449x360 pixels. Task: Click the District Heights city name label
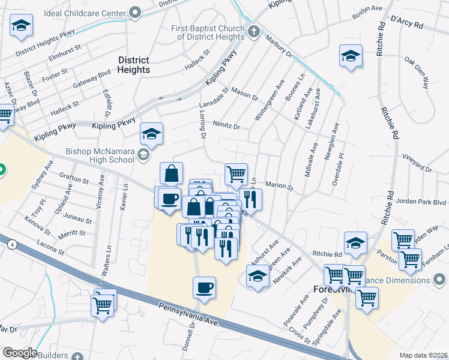point(134,65)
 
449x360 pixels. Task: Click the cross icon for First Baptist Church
point(253,31)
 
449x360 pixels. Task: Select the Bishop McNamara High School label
point(100,156)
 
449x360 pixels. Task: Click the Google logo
point(19,353)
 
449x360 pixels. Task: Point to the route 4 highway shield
point(11,244)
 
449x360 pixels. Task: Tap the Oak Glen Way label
point(417,73)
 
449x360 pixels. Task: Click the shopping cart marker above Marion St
point(237,174)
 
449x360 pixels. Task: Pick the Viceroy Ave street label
point(101,191)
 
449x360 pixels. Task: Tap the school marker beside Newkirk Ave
point(258,277)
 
